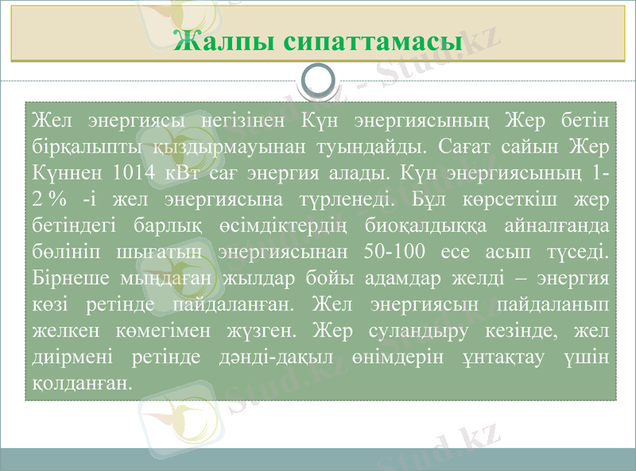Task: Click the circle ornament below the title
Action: (318, 80)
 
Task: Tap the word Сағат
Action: (461, 147)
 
